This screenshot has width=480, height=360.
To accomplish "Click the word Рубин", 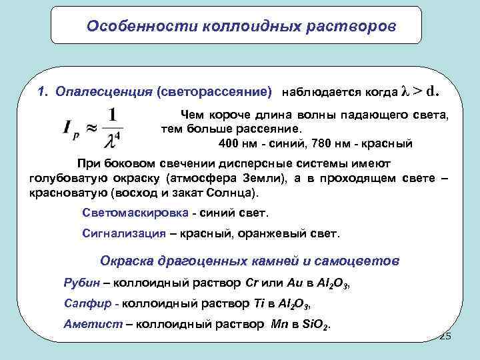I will pos(81,282).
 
